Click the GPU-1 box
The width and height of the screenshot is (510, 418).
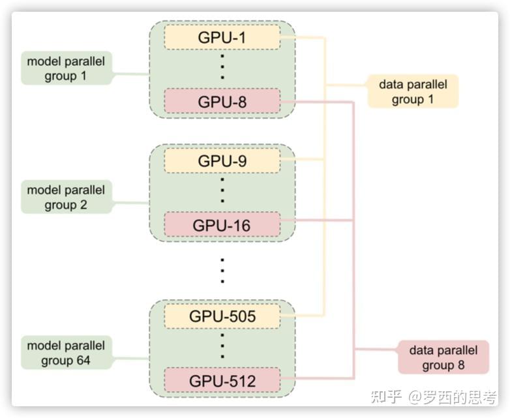pyautogui.click(x=222, y=37)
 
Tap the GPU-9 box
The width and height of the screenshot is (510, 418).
pyautogui.click(x=222, y=160)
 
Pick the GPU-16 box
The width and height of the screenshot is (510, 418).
pyautogui.click(x=222, y=225)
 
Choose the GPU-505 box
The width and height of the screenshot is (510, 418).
pyautogui.click(x=222, y=316)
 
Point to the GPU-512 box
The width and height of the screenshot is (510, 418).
pyautogui.click(x=222, y=380)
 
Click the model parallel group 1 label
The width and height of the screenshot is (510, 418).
pyautogui.click(x=66, y=68)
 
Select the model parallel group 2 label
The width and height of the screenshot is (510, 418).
pyautogui.click(x=66, y=198)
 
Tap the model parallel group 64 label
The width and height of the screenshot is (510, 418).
pyautogui.click(x=66, y=352)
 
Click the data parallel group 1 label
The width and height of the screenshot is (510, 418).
pyautogui.click(x=413, y=92)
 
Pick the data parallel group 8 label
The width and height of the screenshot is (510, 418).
pyautogui.click(x=443, y=357)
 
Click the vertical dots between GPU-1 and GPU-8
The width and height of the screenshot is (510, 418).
pyautogui.click(x=222, y=68)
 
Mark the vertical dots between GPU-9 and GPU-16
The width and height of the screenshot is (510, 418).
pyautogui.click(x=222, y=192)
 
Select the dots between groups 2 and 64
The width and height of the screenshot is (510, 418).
pyautogui.click(x=222, y=270)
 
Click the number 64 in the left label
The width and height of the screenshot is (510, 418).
pyautogui.click(x=83, y=360)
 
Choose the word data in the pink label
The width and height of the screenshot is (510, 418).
pyautogui.click(x=421, y=350)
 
